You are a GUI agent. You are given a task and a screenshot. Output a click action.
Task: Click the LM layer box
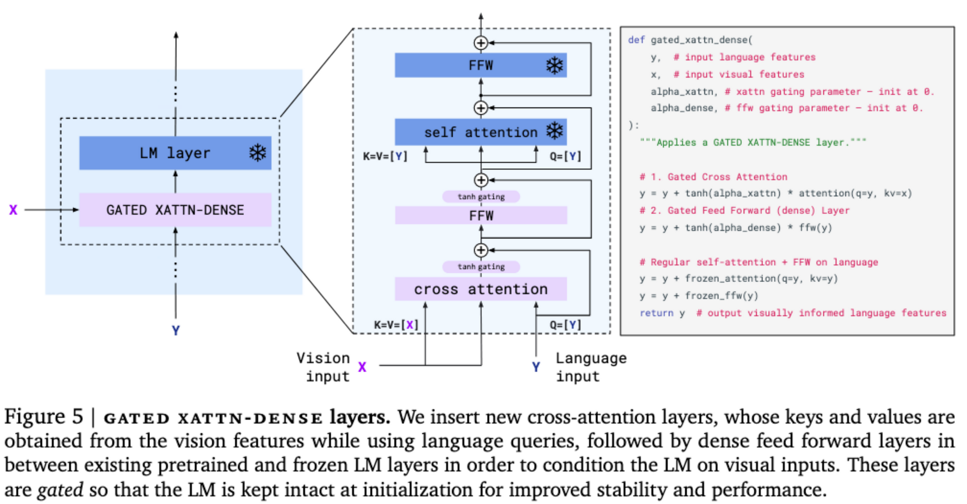tap(175, 153)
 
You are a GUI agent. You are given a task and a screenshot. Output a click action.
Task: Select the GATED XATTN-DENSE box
tap(175, 210)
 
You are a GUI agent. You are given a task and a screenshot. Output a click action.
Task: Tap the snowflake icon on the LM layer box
tap(258, 153)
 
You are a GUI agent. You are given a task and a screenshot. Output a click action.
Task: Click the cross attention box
tap(481, 289)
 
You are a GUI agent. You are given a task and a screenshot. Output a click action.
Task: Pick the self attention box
tap(481, 132)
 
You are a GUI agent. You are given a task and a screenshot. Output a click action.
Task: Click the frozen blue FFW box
tap(481, 65)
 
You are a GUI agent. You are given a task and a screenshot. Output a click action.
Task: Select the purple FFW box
tap(481, 216)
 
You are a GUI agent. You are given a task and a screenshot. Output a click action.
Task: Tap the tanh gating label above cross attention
tap(481, 267)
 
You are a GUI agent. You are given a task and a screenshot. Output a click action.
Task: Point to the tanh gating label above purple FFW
tap(481, 197)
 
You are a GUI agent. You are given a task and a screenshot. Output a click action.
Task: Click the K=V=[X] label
tap(396, 325)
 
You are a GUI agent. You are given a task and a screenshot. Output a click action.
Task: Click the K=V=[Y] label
tap(385, 157)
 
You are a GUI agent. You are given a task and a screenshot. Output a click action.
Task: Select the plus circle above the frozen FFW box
tap(481, 43)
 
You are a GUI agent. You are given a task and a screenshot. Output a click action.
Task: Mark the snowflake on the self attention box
tap(555, 131)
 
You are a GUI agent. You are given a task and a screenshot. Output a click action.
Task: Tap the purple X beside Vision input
tap(362, 367)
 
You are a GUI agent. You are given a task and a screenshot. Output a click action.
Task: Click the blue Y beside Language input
tap(536, 367)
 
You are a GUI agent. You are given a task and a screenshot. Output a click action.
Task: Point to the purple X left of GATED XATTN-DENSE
tap(13, 210)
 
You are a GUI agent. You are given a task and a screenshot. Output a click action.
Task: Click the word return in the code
tap(656, 313)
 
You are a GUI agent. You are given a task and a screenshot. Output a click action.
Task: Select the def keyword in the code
tap(636, 40)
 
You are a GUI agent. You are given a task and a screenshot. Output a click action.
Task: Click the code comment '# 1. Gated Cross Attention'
tap(713, 177)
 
